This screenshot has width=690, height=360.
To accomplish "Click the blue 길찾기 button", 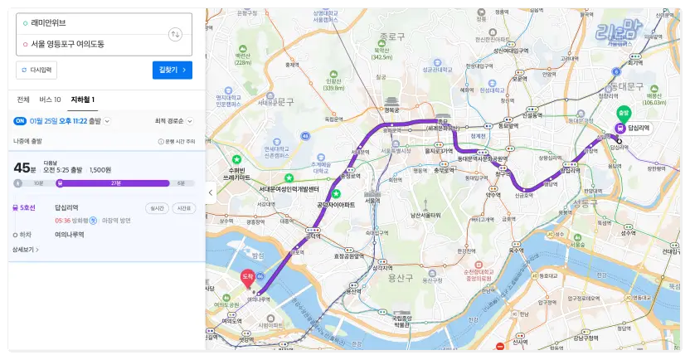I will pos(172,71).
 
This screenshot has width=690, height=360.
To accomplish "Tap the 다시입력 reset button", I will pos(36,71).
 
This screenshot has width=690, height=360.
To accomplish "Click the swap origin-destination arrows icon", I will pos(174,34).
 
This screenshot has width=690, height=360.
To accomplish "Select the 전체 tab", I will pos(23,100).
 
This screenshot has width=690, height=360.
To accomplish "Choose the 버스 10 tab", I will pos(50,100).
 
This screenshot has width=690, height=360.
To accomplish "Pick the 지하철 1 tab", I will pos(82,100).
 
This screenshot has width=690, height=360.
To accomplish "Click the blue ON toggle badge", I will pos(20,121).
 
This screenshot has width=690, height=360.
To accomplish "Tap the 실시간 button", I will pos(156,208).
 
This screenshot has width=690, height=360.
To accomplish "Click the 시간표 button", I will pos(183,208).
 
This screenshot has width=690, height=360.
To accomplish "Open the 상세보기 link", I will pos(26,250).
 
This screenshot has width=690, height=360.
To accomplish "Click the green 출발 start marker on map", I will pos(622,114).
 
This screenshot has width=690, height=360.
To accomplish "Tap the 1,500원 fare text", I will pos(100,169).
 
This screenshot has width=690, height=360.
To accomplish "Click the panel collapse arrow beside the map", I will pos(210,192).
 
